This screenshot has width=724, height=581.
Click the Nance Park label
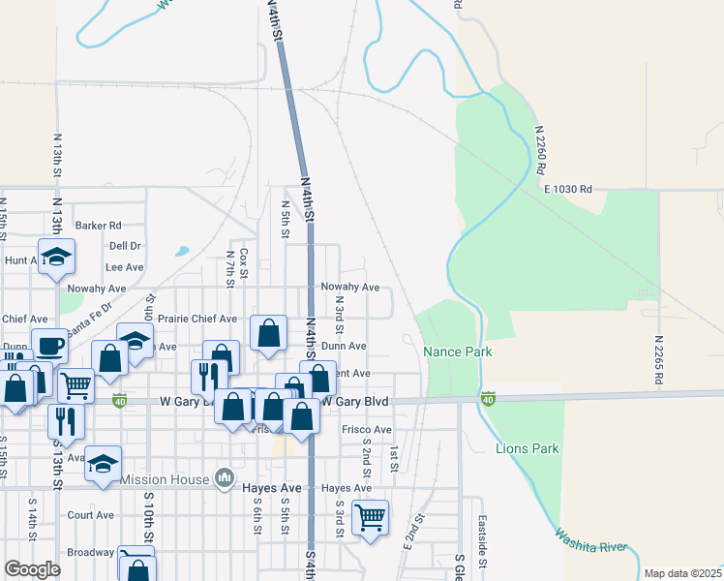(458, 352)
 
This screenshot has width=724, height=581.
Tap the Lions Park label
(528, 449)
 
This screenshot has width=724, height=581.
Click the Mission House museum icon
(225, 477)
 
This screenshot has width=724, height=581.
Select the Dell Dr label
(126, 246)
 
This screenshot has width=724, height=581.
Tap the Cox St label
(244, 260)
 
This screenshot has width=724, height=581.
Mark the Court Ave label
(91, 515)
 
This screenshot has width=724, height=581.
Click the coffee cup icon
(48, 344)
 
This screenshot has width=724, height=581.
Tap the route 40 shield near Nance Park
(488, 398)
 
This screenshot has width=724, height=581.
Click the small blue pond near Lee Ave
(182, 251)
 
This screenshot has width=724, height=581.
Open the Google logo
(32, 569)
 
